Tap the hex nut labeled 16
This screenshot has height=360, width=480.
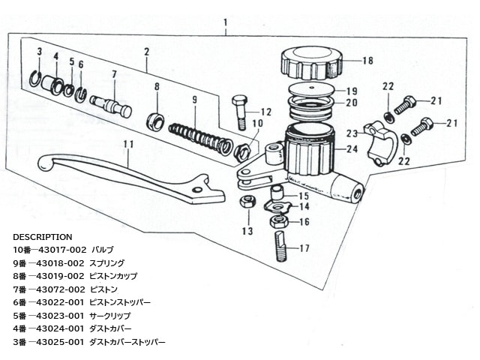click(278, 222)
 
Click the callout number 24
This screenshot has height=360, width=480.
click(352, 148)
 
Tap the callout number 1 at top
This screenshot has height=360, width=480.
click(225, 22)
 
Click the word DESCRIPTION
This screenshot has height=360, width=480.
click(43, 236)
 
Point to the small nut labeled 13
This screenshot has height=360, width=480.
click(246, 201)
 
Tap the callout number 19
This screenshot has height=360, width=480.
click(351, 90)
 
